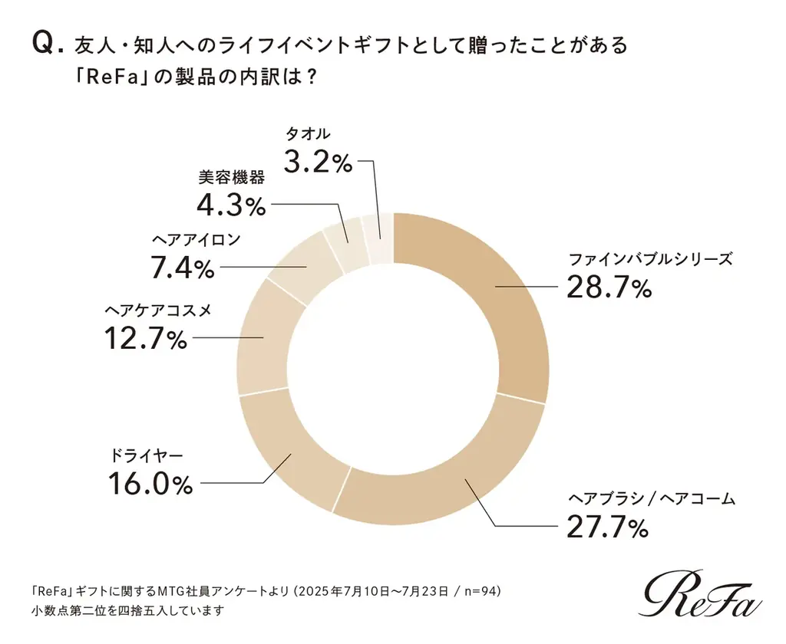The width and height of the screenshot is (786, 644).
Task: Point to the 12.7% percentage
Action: [145, 338]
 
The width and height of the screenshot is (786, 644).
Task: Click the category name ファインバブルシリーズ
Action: [649, 258]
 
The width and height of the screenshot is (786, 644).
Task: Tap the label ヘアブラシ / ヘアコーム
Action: [651, 498]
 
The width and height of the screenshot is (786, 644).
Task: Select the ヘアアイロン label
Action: [195, 240]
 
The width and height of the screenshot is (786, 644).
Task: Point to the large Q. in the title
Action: [46, 46]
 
